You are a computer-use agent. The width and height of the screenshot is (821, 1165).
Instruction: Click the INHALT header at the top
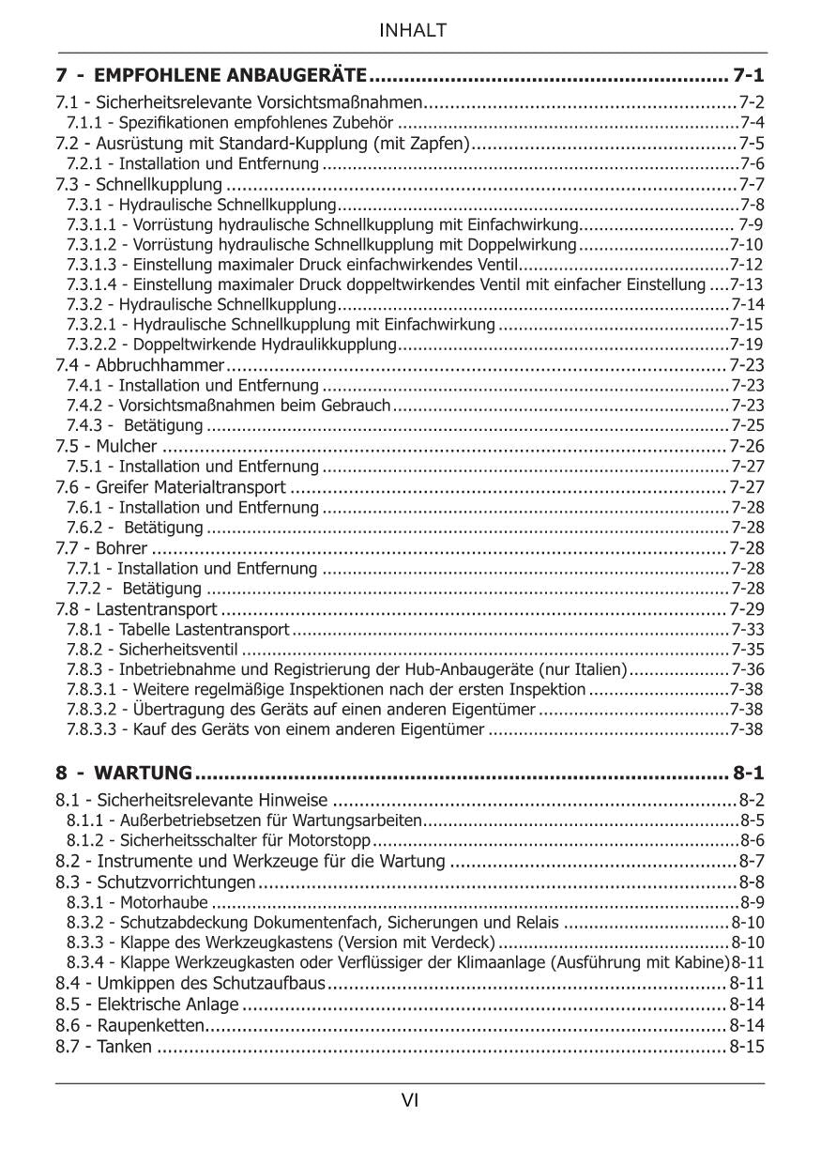pos(411,31)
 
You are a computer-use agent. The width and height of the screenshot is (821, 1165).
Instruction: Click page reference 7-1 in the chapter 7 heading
pos(749,75)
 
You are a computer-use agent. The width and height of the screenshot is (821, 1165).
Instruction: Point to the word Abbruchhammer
pos(160,365)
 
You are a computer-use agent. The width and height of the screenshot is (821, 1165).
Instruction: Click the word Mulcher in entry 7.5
pos(127,446)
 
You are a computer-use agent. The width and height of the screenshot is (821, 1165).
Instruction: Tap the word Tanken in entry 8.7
pos(124,1047)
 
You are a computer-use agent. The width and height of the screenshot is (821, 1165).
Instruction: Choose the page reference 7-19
pos(747,345)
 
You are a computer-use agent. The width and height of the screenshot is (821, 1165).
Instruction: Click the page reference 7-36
pos(748,669)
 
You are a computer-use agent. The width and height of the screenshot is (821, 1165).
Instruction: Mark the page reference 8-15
pos(747,1047)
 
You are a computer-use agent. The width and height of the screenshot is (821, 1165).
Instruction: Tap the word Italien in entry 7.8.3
pos(601,669)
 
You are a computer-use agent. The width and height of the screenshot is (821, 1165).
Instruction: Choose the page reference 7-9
pos(751,224)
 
